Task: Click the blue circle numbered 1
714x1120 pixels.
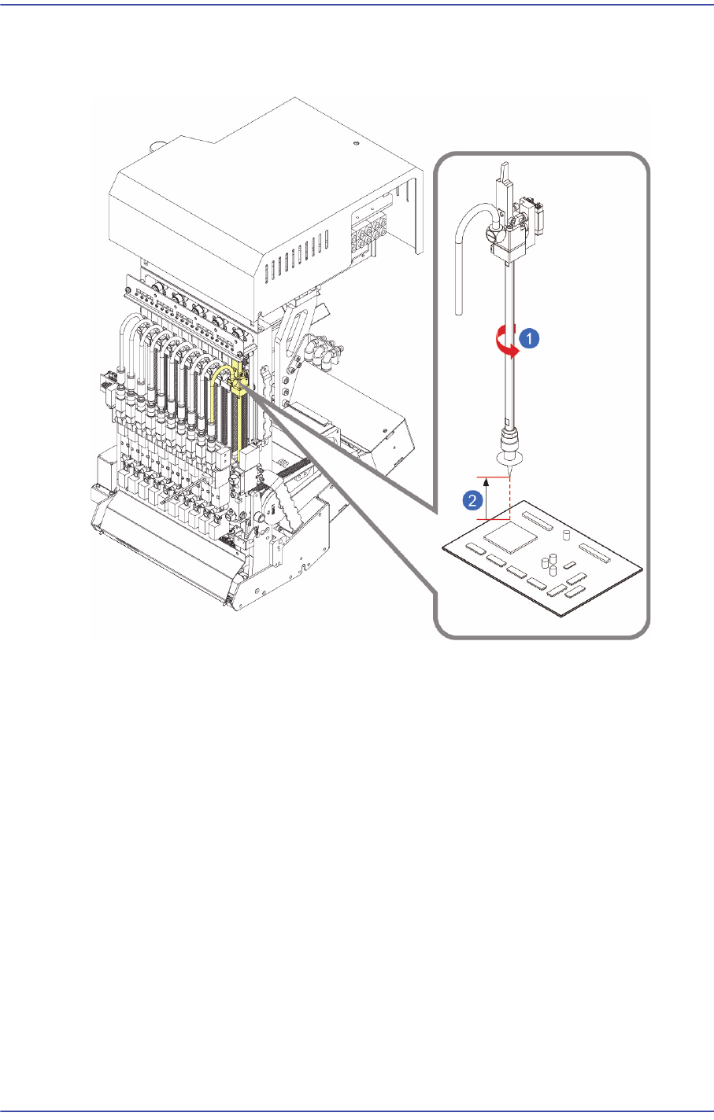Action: (x=530, y=339)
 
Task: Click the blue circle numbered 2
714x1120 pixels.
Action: (x=471, y=499)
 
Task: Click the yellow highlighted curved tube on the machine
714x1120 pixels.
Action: (x=215, y=393)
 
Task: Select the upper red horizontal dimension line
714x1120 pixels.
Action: (x=491, y=477)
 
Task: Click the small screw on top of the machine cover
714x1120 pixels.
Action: (x=357, y=144)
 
